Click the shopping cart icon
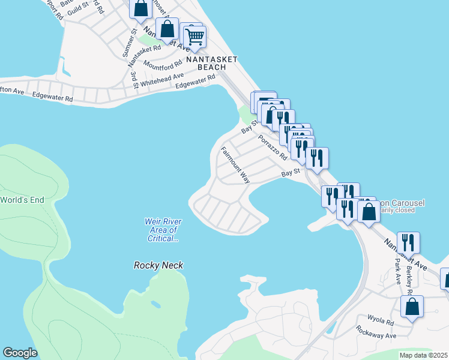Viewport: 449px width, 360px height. [194, 37]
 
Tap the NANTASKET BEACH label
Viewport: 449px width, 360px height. [212, 63]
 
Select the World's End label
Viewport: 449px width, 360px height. [22, 200]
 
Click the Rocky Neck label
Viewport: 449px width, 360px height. [158, 265]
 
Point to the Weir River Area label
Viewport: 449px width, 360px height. [163, 230]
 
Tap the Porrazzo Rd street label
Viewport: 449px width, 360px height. [273, 147]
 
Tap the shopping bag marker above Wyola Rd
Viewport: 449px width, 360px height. [412, 307]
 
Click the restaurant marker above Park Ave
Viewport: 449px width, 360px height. [408, 243]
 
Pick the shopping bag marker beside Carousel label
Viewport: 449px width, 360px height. [369, 211]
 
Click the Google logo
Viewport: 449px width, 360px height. [20, 353]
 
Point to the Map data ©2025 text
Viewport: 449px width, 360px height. [423, 355]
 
